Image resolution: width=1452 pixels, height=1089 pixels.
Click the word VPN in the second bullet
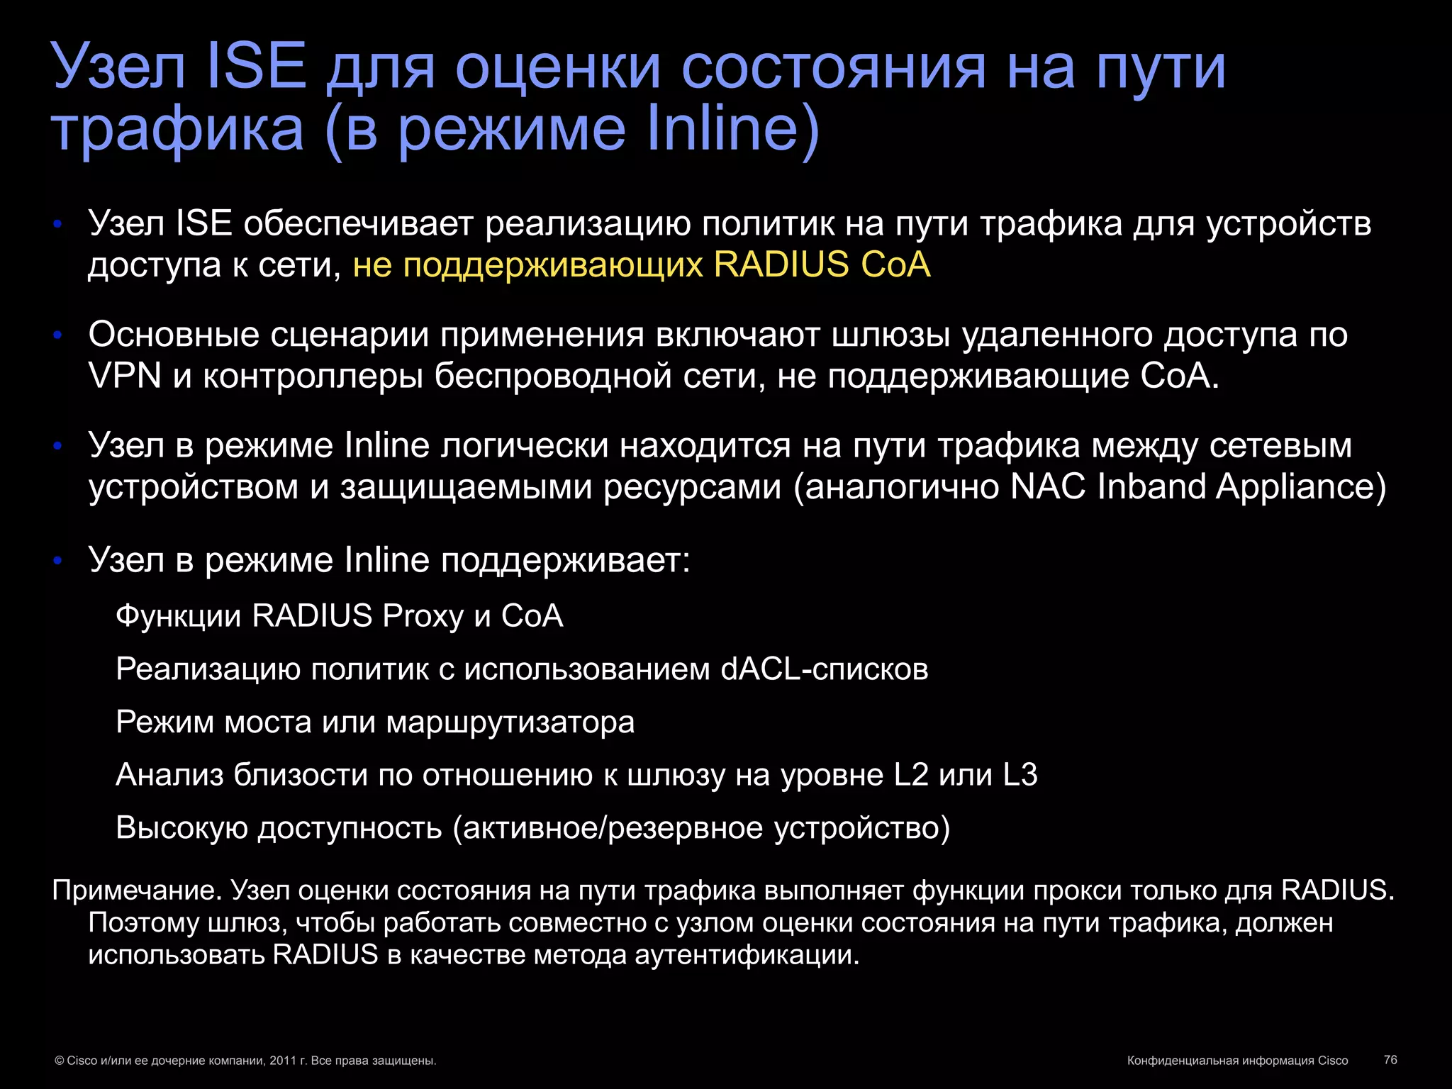(125, 375)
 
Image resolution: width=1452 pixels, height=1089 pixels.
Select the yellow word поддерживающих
(553, 265)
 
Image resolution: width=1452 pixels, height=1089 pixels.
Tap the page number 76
(1390, 1059)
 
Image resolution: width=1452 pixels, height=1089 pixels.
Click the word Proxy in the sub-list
(423, 616)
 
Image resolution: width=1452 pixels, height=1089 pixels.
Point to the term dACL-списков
(824, 669)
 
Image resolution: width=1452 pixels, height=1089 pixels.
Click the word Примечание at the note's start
(138, 890)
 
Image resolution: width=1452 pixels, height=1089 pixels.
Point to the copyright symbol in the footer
(59, 1061)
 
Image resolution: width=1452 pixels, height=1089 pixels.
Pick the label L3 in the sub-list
(1020, 775)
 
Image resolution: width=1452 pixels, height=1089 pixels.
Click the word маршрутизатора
(510, 722)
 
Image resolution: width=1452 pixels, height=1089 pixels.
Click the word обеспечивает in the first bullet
(358, 224)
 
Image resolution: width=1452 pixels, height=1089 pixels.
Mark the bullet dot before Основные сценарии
(58, 335)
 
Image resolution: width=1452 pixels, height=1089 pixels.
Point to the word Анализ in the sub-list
(169, 775)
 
